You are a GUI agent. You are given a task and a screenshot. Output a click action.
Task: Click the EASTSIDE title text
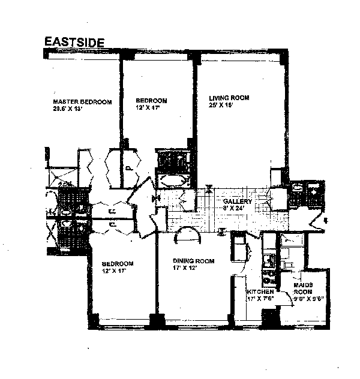[74, 43]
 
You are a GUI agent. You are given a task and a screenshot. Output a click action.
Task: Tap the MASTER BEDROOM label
[82, 102]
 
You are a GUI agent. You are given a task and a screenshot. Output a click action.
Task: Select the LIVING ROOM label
[229, 98]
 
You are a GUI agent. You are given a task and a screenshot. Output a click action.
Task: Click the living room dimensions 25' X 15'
[220, 105]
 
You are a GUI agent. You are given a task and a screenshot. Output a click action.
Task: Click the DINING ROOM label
[190, 261]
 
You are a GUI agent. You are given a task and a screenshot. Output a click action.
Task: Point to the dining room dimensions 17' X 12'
[185, 268]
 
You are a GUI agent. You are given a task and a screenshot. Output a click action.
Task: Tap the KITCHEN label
[260, 291]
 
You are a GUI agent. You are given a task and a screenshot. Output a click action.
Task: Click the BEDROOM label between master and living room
[151, 101]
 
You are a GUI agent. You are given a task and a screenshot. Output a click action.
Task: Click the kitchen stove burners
[269, 277]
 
